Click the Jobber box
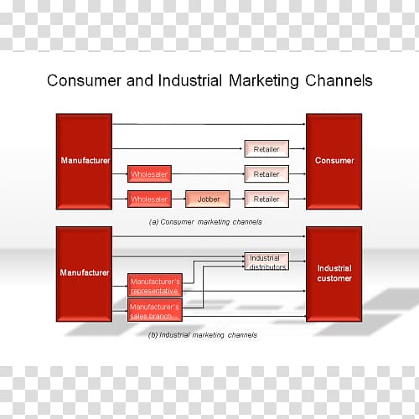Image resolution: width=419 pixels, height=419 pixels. (x=208, y=199)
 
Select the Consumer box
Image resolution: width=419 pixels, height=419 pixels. (x=334, y=162)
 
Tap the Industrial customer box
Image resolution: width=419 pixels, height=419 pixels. (x=334, y=274)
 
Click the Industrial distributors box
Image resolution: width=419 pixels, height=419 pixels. (x=266, y=261)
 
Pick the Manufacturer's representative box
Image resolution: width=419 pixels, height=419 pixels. (x=155, y=285)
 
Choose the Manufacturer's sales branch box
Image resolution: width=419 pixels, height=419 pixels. (x=155, y=310)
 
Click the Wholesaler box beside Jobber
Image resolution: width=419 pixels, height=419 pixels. (x=149, y=199)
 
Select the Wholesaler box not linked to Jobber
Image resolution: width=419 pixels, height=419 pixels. (x=149, y=174)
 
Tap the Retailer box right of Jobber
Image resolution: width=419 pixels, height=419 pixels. (x=266, y=199)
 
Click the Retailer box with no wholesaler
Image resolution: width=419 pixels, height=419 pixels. (x=266, y=149)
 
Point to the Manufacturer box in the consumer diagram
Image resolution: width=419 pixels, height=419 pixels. (x=84, y=162)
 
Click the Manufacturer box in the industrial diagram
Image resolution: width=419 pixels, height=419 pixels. (x=84, y=274)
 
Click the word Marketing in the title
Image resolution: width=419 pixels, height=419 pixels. (x=264, y=81)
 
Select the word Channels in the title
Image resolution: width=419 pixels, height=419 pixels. (x=339, y=80)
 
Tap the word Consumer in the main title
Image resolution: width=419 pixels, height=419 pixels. (x=84, y=80)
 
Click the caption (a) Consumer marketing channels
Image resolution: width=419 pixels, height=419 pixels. (x=205, y=222)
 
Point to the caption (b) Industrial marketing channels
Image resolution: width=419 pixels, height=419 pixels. (x=203, y=335)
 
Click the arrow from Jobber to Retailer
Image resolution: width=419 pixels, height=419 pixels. (x=237, y=199)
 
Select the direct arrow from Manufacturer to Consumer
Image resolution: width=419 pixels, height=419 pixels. (x=209, y=124)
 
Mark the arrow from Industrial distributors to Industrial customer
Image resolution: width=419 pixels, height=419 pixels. (x=297, y=261)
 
